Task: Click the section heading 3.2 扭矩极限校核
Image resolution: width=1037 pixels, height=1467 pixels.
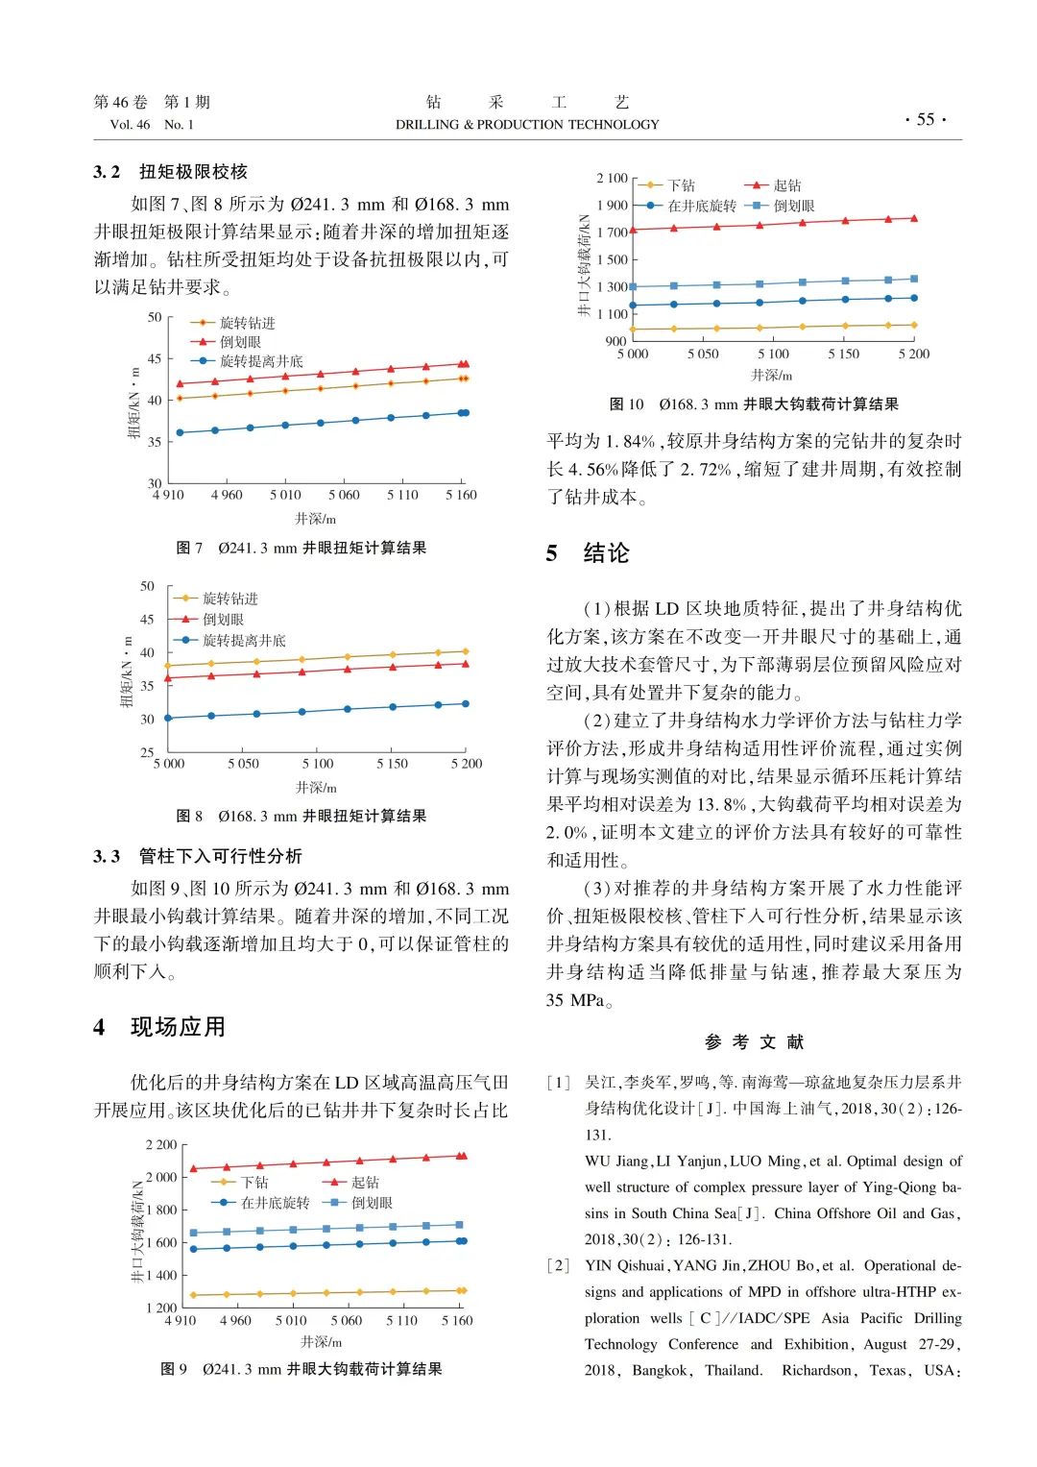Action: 171,172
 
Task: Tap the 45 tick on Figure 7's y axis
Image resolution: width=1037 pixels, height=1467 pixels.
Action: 155,358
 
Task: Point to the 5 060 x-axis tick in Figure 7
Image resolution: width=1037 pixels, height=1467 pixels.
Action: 344,495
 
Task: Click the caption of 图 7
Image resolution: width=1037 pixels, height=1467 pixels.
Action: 301,548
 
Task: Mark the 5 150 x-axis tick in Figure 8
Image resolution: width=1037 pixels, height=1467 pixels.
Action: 392,764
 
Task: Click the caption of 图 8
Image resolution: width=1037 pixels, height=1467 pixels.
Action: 301,816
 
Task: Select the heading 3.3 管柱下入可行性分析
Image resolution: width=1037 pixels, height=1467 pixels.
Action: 198,856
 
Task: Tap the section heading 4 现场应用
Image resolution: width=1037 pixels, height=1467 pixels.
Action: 159,1027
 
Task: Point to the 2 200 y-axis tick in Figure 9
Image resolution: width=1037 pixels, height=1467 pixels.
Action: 161,1144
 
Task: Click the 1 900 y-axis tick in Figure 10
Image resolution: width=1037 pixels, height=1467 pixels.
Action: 612,205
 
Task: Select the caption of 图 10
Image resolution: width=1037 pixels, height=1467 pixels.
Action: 754,404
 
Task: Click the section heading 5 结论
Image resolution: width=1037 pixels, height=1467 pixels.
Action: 588,553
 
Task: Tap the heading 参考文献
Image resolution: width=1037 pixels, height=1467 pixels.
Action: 754,1041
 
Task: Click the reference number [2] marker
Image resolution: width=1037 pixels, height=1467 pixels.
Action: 559,1265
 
